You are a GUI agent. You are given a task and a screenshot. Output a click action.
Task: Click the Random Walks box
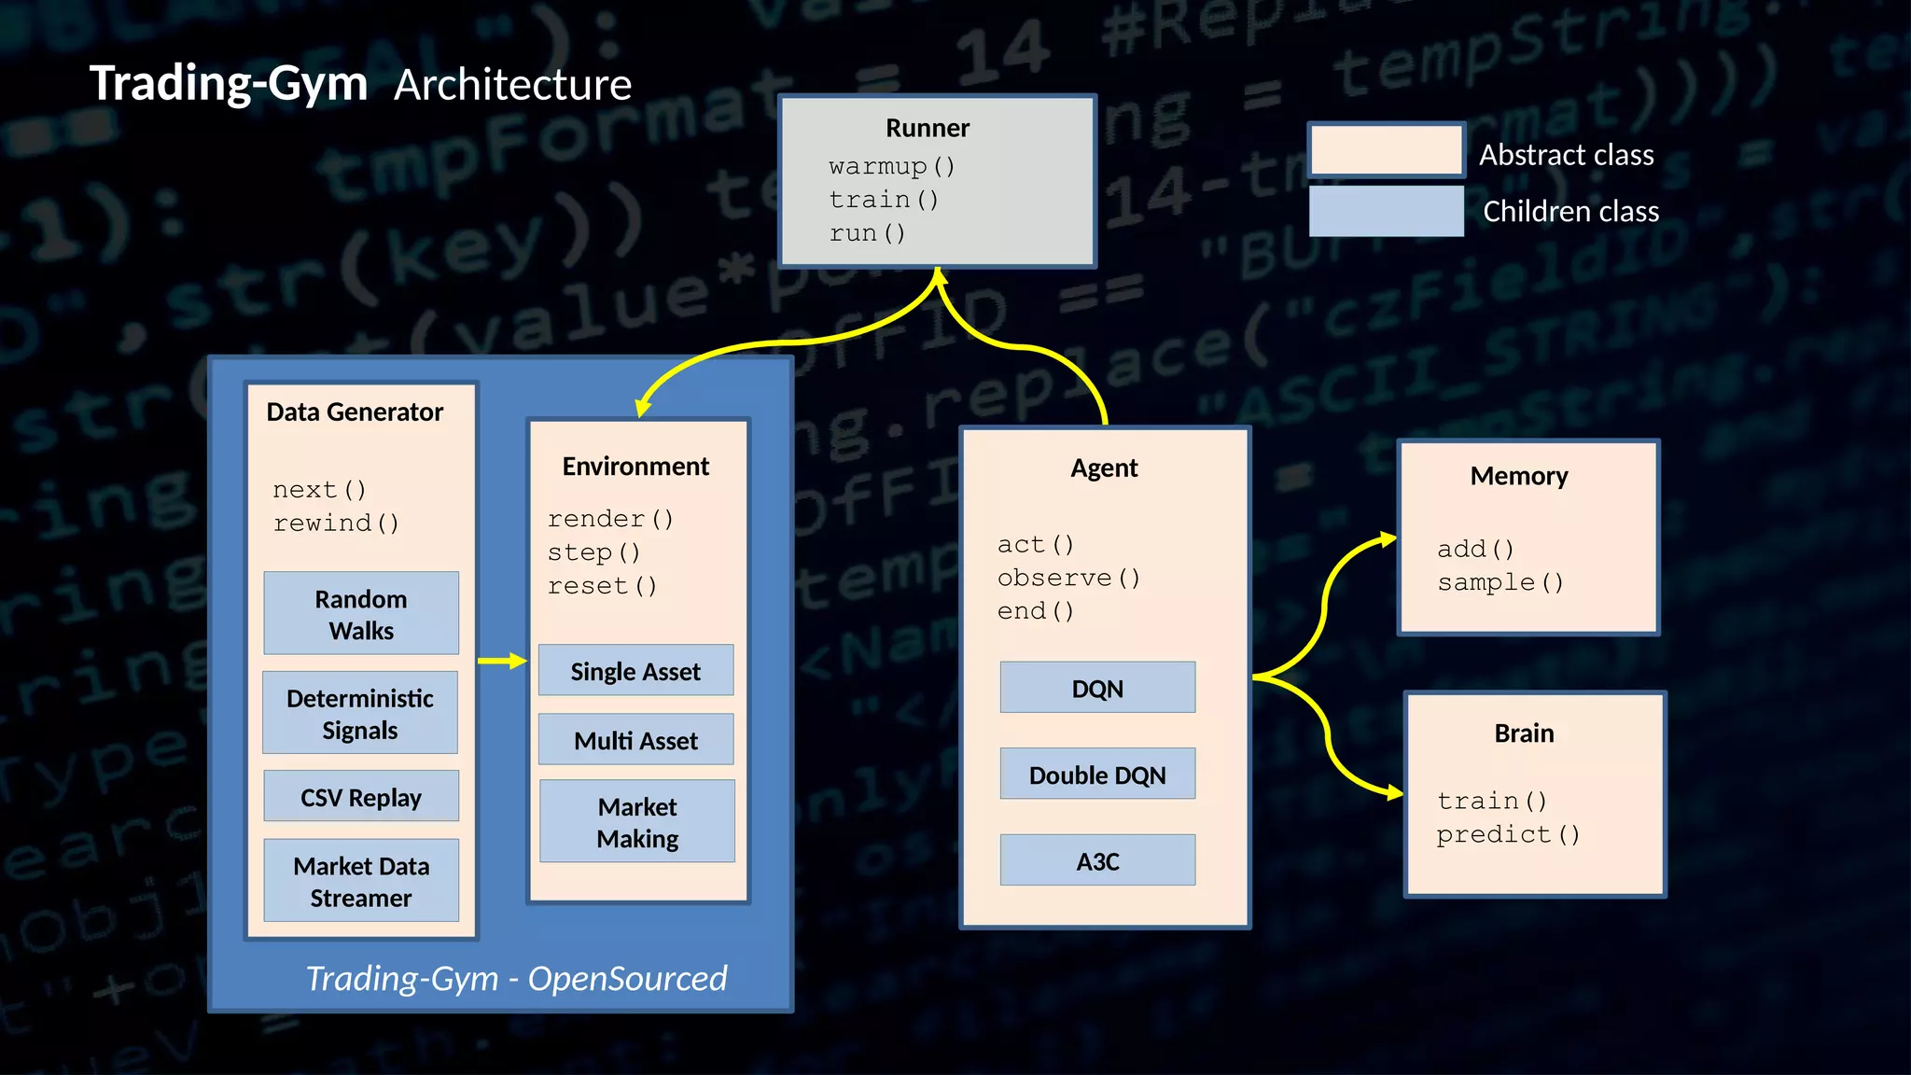pos(361,613)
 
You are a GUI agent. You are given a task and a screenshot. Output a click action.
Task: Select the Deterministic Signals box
pos(360,713)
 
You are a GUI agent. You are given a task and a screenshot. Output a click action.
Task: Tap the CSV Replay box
pos(361,796)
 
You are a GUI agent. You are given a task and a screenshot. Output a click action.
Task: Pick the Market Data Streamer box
pos(361,881)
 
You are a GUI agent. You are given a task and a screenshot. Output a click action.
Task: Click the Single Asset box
pos(635,670)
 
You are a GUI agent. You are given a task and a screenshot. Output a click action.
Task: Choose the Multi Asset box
pos(635,739)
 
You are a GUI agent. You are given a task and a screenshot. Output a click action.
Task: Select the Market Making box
pos(637,821)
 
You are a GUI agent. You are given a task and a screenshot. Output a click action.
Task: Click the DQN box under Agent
pos(1097,688)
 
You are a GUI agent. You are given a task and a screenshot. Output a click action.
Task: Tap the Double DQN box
pos(1097,774)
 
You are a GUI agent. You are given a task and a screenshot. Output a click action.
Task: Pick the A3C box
pos(1097,860)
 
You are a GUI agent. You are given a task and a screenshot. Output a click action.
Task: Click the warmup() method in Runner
pos(891,166)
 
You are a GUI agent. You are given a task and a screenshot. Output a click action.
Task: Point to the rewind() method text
pos(336,523)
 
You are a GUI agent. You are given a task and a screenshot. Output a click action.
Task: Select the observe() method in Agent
pos(1068,578)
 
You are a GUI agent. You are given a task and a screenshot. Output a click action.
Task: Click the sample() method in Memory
pos(1500,582)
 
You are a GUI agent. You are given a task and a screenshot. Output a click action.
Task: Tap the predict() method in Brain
pos(1507,833)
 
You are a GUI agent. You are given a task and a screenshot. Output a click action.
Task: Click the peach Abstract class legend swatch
pos(1387,151)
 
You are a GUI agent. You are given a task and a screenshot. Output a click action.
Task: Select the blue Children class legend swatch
pos(1387,211)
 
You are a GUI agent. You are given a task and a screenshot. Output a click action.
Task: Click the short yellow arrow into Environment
pos(502,661)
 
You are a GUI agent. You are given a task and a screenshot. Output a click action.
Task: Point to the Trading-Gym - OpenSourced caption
pos(516,978)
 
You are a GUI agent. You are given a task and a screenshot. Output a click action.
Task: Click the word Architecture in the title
pos(512,85)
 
